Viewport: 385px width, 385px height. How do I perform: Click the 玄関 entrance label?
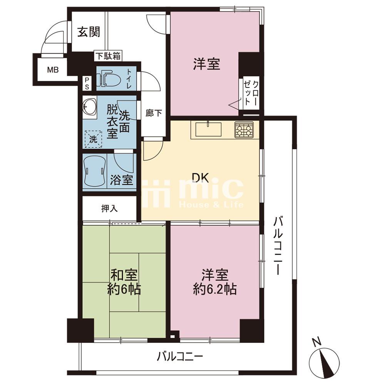[89, 32]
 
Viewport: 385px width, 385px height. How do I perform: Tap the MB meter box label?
[53, 70]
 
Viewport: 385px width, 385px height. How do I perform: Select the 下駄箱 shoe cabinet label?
[108, 56]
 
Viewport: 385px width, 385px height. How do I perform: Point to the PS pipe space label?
[87, 84]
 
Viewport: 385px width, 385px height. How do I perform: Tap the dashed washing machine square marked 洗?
[93, 139]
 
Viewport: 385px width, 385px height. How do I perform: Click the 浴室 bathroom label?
[122, 180]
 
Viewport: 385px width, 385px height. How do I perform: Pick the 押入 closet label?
[109, 209]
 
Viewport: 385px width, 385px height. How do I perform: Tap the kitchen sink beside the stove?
[208, 129]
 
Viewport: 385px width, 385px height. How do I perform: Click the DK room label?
[201, 178]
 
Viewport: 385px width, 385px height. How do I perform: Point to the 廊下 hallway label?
[154, 113]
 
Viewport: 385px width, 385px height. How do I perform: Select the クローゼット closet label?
[251, 92]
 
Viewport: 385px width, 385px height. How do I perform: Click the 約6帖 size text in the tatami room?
[124, 290]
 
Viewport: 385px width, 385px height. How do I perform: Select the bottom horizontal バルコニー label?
[180, 357]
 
